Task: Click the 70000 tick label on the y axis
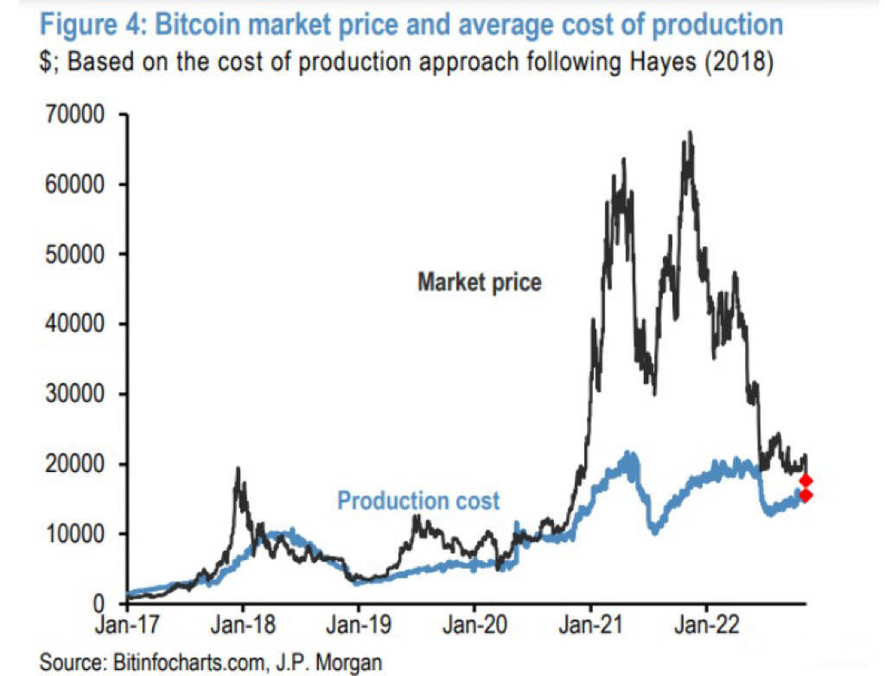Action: [73, 115]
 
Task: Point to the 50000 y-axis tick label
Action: [73, 255]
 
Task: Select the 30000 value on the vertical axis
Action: [73, 394]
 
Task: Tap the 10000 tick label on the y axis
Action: [73, 534]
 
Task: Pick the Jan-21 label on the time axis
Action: [590, 625]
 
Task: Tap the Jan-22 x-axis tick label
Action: [706, 625]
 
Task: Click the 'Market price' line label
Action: [480, 282]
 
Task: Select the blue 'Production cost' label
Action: [418, 501]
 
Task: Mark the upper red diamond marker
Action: [805, 481]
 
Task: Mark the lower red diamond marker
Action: [805, 495]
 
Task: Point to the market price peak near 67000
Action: [689, 132]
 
